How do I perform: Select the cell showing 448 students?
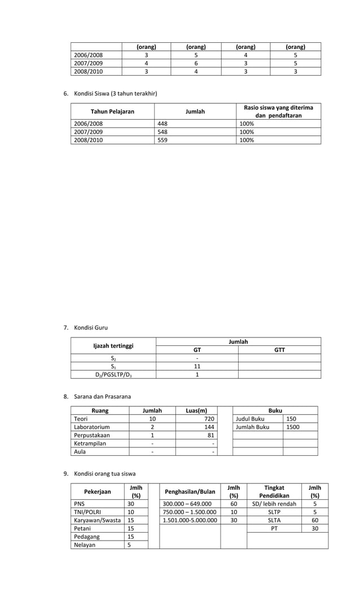point(162,124)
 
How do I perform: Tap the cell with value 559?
point(162,140)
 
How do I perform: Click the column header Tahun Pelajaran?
point(112,112)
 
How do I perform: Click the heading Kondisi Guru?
point(91,327)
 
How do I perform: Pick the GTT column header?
point(279,350)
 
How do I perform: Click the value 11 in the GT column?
point(197,366)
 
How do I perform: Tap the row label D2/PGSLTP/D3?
point(113,374)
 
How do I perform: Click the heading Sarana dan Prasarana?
point(102,397)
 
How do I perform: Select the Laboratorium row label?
point(91,427)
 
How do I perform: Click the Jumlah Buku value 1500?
point(293,427)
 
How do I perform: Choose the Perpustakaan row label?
point(92,435)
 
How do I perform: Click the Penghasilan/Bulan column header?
point(190,491)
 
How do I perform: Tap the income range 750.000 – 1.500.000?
point(190,512)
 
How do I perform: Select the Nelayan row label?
point(85,544)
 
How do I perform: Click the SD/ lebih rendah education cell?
point(274,504)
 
